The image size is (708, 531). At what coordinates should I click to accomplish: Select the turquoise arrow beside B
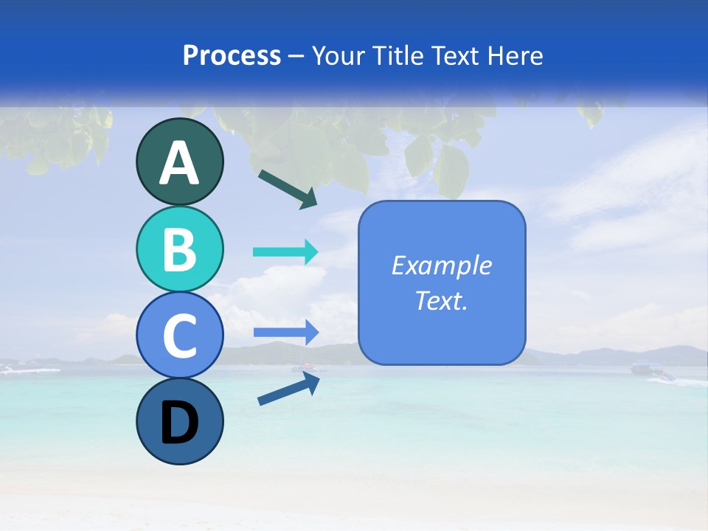(x=285, y=251)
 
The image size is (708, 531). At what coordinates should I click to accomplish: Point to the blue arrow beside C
(x=285, y=333)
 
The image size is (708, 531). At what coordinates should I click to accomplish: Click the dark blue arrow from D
(x=288, y=388)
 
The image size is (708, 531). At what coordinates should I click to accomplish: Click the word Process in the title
(x=232, y=55)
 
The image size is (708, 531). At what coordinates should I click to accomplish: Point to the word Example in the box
(x=442, y=265)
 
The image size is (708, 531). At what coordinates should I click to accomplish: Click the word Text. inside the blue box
(x=442, y=301)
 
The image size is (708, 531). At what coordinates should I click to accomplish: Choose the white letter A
(x=180, y=162)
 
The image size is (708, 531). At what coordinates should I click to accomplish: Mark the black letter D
(x=180, y=423)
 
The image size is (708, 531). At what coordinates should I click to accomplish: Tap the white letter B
(x=180, y=249)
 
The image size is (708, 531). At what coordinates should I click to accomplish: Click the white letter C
(x=180, y=336)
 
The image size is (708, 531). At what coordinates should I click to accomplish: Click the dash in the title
(x=296, y=56)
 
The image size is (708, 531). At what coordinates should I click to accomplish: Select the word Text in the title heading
(x=454, y=55)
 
